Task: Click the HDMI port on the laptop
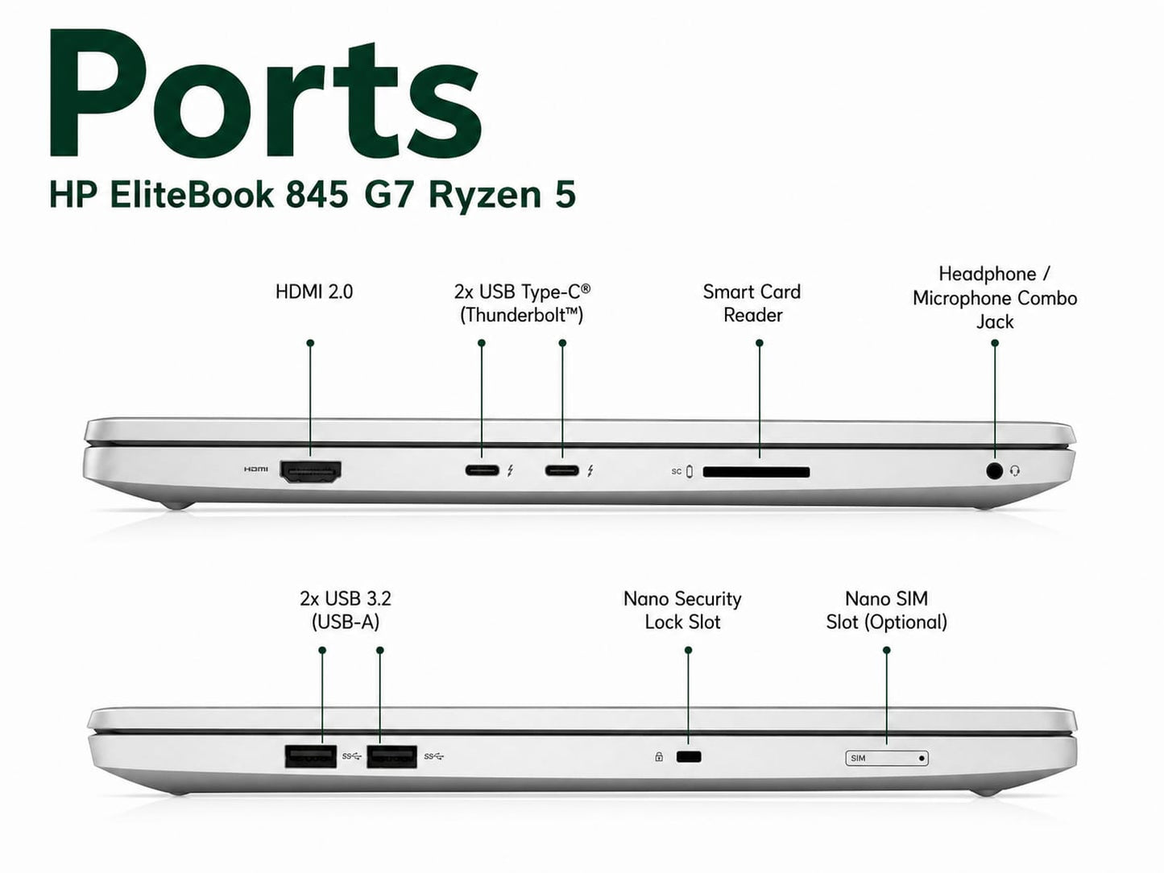coord(310,471)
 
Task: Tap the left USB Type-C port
coord(482,470)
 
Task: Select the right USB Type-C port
coord(562,470)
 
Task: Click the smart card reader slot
coord(756,472)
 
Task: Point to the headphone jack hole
coord(994,470)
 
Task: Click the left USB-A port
coord(310,756)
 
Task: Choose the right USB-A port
coord(391,756)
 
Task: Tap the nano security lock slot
coord(689,757)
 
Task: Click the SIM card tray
coord(887,758)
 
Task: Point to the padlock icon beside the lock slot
coord(659,757)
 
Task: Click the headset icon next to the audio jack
coord(1015,470)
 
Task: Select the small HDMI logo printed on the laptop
coord(255,469)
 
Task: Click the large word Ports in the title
coord(265,94)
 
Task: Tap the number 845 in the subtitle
coord(317,195)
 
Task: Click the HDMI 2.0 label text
coord(314,292)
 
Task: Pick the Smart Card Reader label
coord(752,303)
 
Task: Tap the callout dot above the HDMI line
coord(310,343)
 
